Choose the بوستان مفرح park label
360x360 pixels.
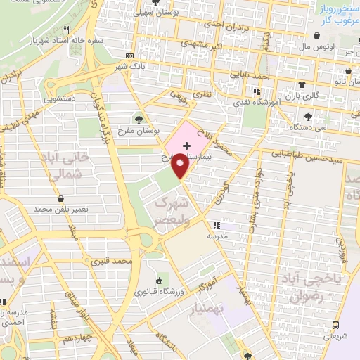click(x=138, y=131)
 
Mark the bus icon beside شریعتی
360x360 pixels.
click(x=336, y=325)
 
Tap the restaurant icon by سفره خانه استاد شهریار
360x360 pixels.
click(x=66, y=30)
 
